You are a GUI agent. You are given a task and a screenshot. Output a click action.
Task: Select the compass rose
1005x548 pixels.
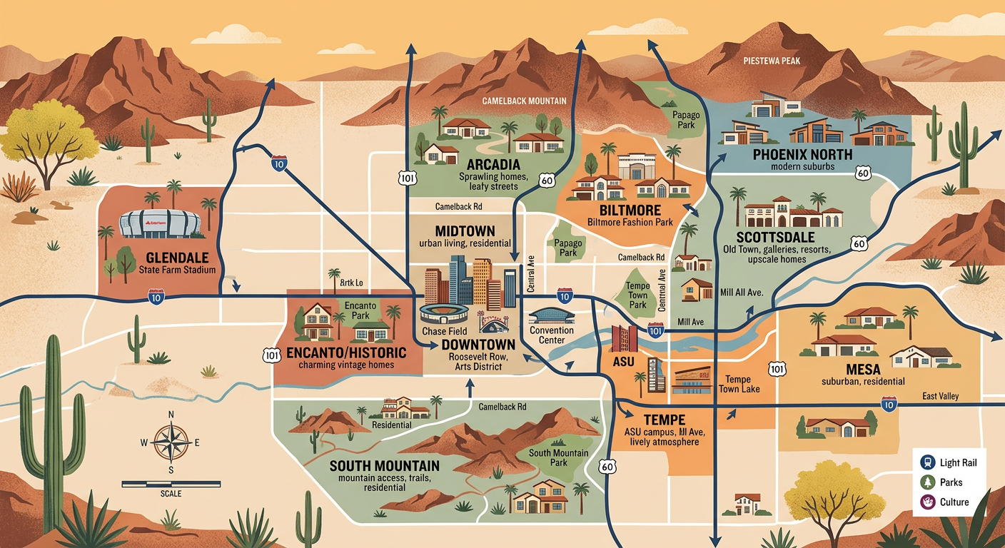click(171, 442)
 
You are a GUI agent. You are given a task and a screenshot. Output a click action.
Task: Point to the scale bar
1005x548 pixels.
click(171, 484)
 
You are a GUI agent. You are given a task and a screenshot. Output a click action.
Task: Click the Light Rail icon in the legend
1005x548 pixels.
click(927, 462)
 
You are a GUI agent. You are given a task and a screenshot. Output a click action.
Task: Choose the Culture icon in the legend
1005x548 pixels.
click(927, 502)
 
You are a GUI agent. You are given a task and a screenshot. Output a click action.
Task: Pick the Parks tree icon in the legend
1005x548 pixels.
click(927, 482)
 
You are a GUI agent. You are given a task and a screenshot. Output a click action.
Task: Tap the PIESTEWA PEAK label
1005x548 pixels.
click(771, 61)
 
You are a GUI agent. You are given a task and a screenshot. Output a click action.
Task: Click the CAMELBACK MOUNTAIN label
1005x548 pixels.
click(525, 101)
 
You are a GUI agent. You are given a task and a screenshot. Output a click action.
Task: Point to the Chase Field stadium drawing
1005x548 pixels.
click(444, 314)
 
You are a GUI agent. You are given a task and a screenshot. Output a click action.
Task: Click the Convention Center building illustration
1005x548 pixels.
click(552, 315)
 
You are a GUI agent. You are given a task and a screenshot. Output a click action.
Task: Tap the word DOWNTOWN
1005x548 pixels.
click(468, 344)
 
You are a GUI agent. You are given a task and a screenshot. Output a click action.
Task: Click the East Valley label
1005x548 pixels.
click(940, 396)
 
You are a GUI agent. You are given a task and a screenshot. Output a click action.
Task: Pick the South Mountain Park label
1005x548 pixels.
click(559, 457)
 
